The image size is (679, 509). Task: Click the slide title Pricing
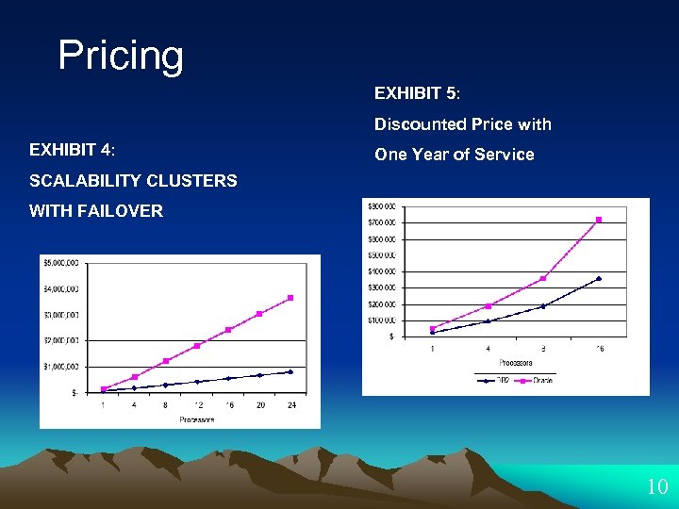pos(121,56)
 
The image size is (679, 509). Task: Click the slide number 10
pos(656,487)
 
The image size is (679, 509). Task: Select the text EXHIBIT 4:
pos(73,150)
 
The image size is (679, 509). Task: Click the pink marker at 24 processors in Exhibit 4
pos(290,298)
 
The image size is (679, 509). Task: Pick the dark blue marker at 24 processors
pos(290,371)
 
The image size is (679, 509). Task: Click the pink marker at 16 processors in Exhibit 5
pos(598,220)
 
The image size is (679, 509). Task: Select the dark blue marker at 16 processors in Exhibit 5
pos(598,278)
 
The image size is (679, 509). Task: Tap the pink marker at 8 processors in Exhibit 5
pos(543,278)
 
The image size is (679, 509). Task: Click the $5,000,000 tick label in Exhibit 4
pos(61,263)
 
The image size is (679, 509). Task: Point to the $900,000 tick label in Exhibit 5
pos(382,205)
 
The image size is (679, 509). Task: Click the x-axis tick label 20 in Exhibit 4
pos(259,405)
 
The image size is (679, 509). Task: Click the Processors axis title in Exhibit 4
pos(196,419)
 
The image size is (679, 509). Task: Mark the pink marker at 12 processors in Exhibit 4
pos(197,346)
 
